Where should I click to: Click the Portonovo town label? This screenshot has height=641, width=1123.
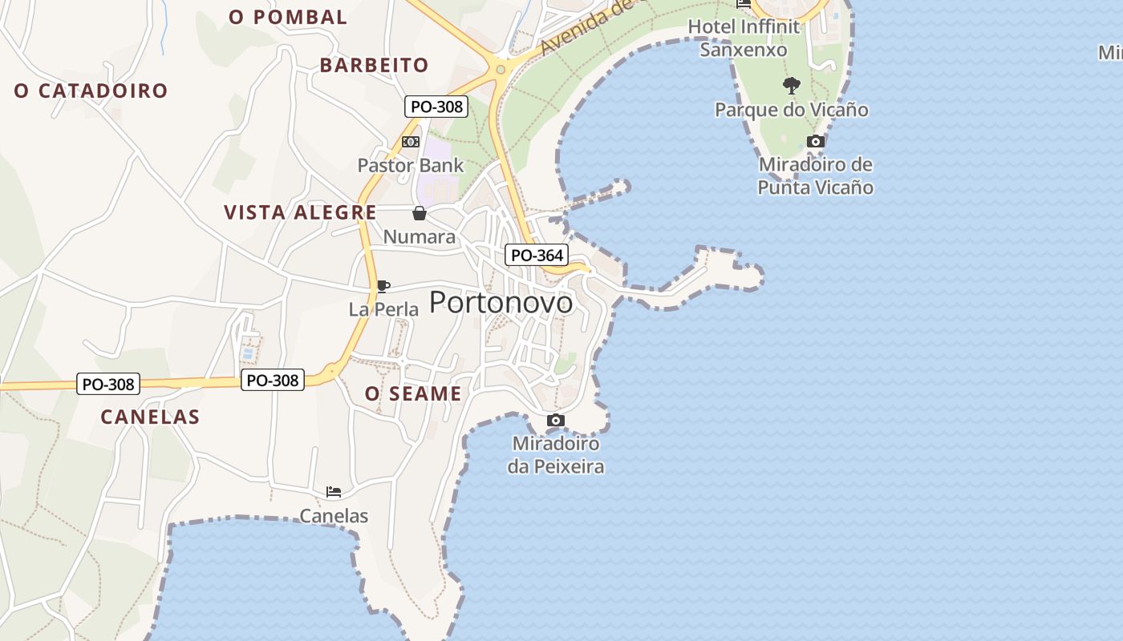(501, 303)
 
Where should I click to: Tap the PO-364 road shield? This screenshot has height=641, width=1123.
(537, 256)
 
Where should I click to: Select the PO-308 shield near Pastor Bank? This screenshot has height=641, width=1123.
(436, 106)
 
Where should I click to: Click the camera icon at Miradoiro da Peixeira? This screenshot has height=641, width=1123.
(555, 420)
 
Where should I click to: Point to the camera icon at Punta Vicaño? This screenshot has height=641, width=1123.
(815, 142)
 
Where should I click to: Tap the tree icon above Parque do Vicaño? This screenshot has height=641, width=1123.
(792, 85)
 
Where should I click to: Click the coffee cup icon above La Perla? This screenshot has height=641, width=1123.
(383, 286)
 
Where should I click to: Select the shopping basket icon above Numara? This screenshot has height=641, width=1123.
(419, 213)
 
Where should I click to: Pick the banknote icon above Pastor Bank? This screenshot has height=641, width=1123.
(411, 142)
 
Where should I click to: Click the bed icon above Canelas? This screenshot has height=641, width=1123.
(334, 491)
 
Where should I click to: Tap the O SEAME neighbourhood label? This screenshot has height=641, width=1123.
(413, 393)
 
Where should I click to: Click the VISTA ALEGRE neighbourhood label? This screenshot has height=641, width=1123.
(300, 212)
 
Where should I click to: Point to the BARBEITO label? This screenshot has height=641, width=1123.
(374, 65)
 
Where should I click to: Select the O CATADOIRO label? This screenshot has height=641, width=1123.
(91, 91)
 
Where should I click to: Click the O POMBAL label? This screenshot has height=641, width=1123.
(288, 17)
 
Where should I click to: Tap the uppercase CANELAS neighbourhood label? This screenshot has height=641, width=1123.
(150, 417)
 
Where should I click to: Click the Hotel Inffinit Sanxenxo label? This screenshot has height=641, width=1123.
(744, 38)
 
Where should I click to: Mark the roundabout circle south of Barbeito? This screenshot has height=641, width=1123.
(501, 70)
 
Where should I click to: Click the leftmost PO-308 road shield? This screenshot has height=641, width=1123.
(108, 385)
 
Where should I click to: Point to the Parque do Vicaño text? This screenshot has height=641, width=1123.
(792, 110)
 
